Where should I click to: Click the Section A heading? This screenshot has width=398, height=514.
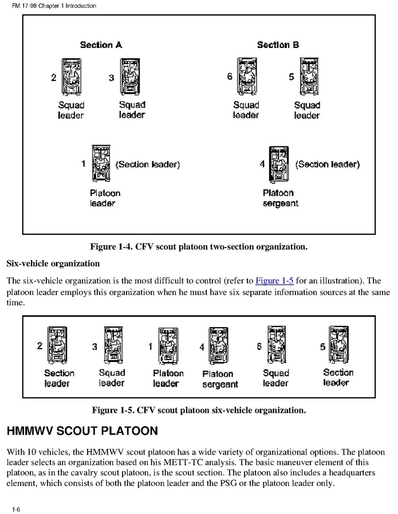click(101, 45)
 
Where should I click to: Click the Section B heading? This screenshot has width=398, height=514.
click(278, 45)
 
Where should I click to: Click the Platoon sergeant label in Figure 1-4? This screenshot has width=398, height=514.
click(280, 198)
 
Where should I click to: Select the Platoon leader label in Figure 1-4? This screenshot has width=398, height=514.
click(105, 198)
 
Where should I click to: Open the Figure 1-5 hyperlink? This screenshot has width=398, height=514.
click(274, 281)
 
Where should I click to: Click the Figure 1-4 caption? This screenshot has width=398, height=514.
click(199, 247)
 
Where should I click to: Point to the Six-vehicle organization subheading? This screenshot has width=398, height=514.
click(53, 264)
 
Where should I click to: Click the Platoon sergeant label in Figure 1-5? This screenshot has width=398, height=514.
click(220, 379)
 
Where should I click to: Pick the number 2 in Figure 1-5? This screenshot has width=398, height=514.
click(40, 346)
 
